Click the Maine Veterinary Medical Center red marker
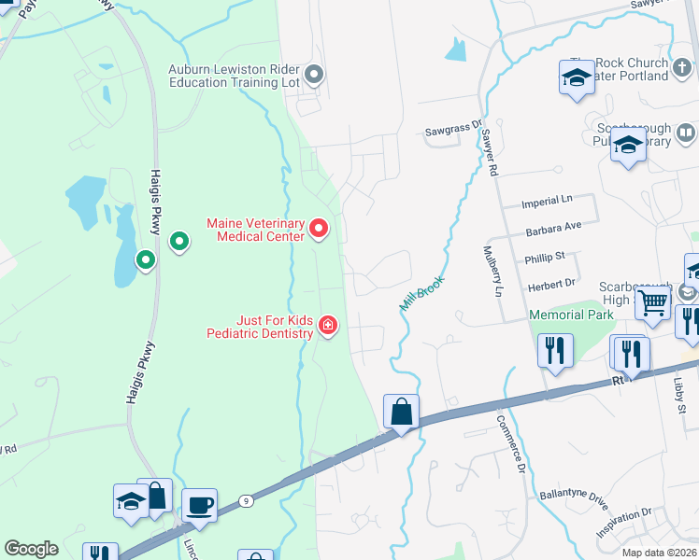coord(320,228)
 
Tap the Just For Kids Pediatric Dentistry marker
coord(328,326)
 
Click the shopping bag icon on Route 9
coord(401,411)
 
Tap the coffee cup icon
coord(199,506)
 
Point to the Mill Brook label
coord(422,292)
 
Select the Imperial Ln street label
coord(548,201)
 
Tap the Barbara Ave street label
coord(554,226)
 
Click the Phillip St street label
coord(547,255)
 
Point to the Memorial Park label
coord(571,315)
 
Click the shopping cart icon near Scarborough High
coord(653,302)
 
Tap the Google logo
coord(31,549)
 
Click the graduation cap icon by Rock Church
coord(577,77)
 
